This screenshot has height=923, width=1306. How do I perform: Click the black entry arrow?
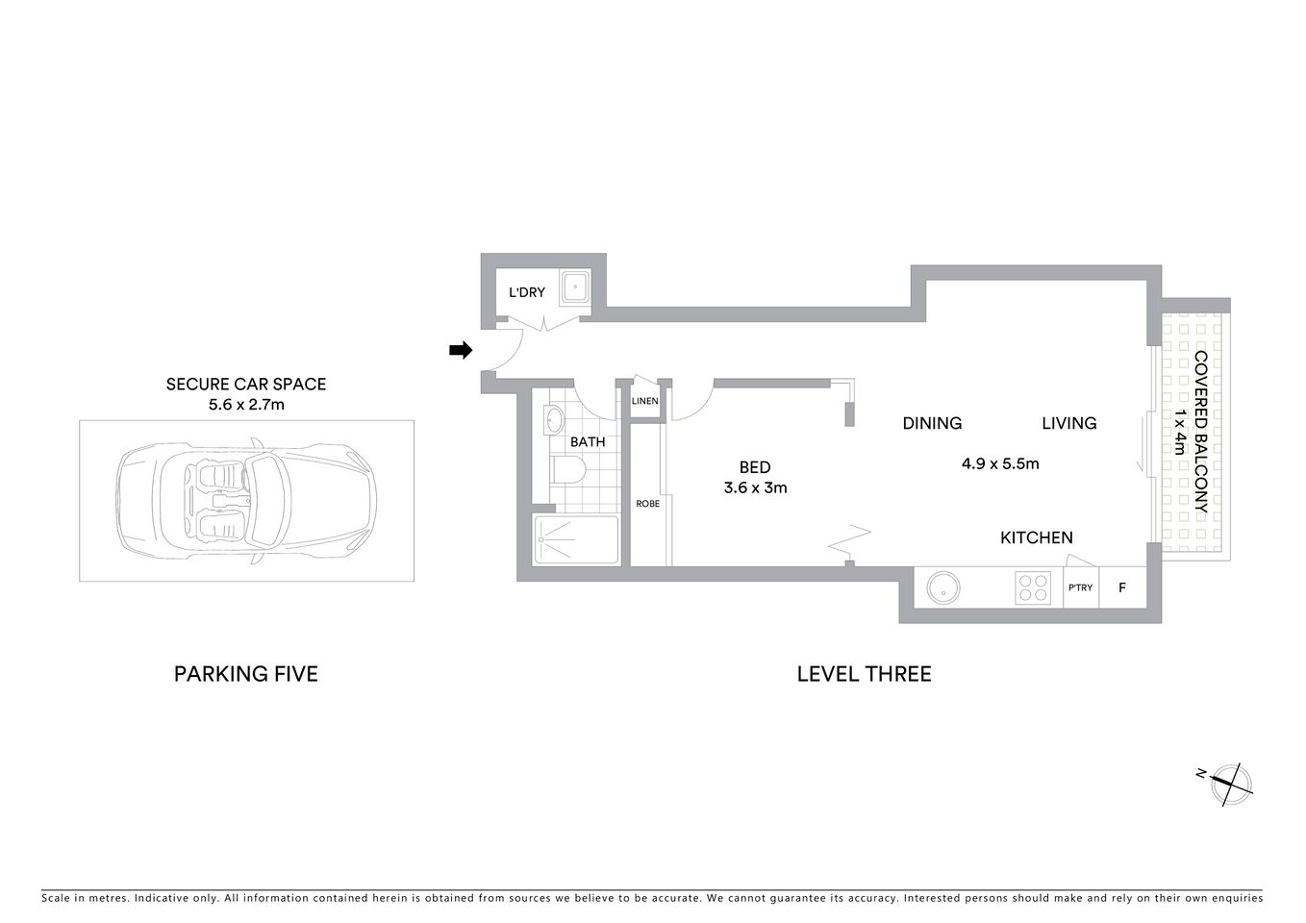[x=461, y=351]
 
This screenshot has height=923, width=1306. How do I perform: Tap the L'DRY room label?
[x=527, y=292]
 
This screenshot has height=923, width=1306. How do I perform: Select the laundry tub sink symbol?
[x=576, y=287]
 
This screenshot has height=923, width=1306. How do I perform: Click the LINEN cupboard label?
[x=645, y=401]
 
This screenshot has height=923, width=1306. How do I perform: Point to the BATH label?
[x=588, y=442]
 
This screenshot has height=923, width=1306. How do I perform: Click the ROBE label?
[x=648, y=503]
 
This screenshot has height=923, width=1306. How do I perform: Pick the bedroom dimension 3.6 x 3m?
[x=755, y=487]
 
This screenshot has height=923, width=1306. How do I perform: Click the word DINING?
[x=932, y=423]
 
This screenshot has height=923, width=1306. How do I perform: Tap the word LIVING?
[x=1068, y=423]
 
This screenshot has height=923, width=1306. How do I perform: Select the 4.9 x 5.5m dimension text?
[x=1000, y=463]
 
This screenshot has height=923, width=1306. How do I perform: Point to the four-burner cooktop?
[x=1033, y=587]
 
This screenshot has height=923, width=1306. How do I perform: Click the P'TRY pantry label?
[x=1080, y=587]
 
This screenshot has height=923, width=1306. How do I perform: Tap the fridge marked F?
[x=1121, y=587]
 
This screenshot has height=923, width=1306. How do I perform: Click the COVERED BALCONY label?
[x=1200, y=433]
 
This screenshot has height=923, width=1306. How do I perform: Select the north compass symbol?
[x=1230, y=783]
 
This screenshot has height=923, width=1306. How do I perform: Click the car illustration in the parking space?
[x=246, y=500]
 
